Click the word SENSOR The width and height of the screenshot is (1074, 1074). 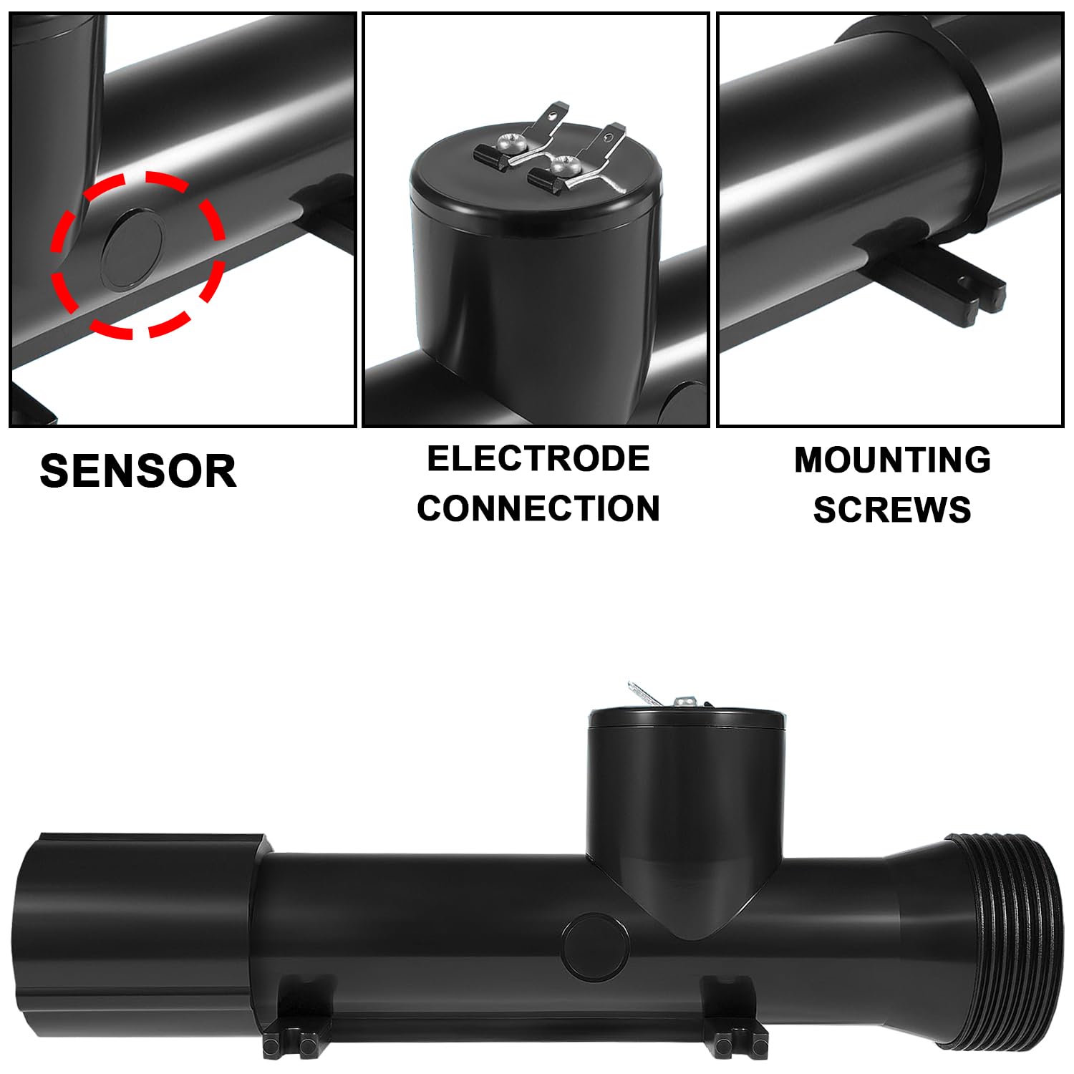tap(138, 471)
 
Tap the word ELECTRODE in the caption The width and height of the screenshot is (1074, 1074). tap(538, 459)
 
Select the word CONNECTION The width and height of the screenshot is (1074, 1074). tap(538, 508)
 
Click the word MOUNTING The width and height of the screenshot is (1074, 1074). tap(893, 460)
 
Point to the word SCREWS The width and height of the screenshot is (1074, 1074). tap(892, 510)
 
